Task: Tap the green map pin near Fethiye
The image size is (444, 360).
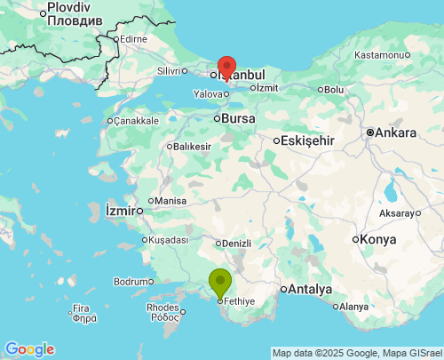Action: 219,283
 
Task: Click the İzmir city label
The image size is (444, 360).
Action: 119,211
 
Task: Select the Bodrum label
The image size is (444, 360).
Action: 133,281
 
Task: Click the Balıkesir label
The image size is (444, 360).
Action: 194,146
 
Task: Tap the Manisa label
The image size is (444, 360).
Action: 170,201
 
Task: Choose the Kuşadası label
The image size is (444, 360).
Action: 168,240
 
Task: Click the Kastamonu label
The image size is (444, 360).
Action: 379,55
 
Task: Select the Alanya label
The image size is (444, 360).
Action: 353,307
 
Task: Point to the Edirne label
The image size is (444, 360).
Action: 133,38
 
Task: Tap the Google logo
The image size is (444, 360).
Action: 29,349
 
